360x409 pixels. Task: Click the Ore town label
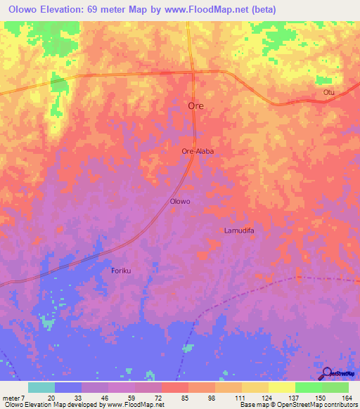pos(196,105)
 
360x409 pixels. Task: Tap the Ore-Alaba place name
pos(197,150)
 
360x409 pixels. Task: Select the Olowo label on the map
pos(181,201)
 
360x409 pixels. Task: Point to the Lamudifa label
pos(238,231)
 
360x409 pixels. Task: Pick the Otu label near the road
pos(328,92)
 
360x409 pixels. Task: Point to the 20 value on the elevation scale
pos(51,397)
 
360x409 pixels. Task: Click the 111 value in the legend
pos(239,397)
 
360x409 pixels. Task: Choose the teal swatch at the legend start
pos(41,387)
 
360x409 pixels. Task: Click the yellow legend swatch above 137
pos(281,387)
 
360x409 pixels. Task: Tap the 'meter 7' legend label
pos(14,397)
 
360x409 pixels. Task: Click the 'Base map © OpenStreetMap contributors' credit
pos(299,405)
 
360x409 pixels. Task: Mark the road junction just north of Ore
pos(193,72)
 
